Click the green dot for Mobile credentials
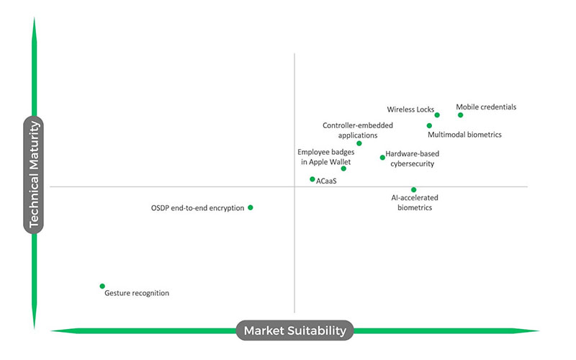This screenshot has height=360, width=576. [x=461, y=115]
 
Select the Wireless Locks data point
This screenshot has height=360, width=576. [x=437, y=115]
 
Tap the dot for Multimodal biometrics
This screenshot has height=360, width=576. [x=430, y=126]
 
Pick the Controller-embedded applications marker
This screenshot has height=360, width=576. [x=359, y=143]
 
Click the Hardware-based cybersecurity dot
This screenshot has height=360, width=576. [x=382, y=158]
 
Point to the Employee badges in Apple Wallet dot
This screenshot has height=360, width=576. [x=344, y=168]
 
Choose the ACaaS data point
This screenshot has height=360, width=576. [x=312, y=179]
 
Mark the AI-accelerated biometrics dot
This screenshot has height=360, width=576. [x=414, y=190]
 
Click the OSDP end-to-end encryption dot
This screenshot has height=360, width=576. [x=251, y=207]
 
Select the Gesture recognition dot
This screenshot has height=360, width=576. [x=102, y=286]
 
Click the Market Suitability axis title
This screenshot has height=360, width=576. [x=294, y=330]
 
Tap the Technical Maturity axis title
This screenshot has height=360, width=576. [x=34, y=175]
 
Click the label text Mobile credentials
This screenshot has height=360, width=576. [x=486, y=107]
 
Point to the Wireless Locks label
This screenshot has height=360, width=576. [x=410, y=110]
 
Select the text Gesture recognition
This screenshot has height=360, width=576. [x=137, y=294]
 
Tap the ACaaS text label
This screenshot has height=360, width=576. [x=326, y=181]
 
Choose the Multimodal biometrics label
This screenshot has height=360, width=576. [x=464, y=135]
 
